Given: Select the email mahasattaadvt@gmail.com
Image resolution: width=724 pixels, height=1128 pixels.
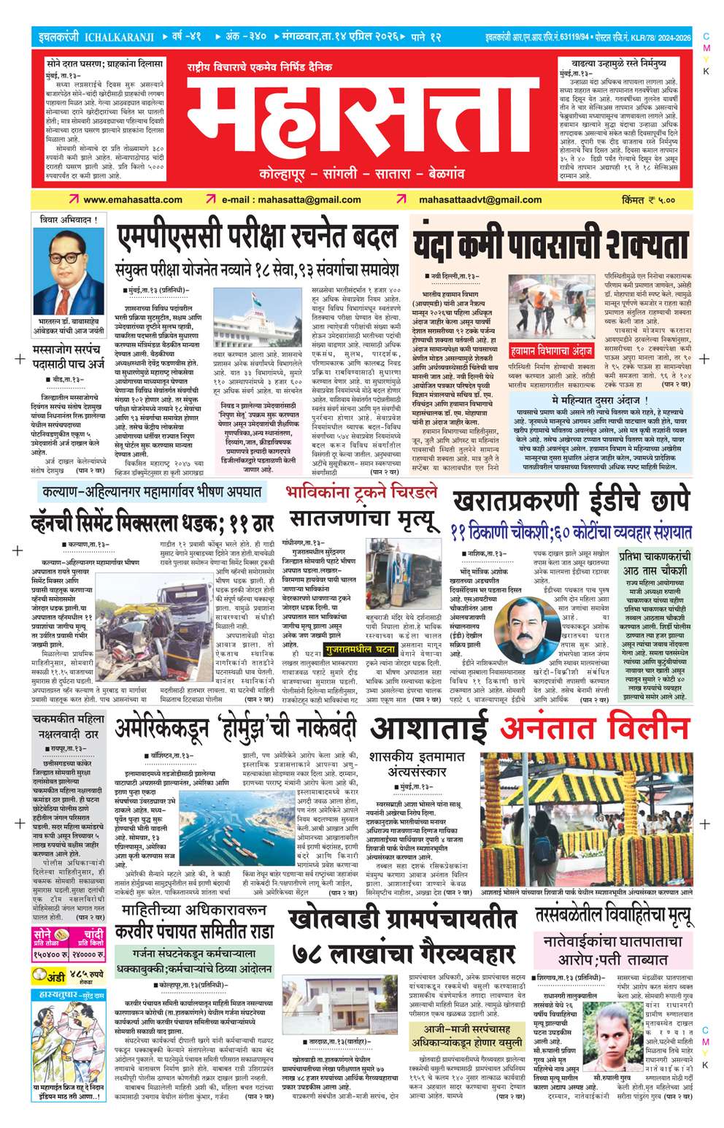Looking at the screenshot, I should point(480,199).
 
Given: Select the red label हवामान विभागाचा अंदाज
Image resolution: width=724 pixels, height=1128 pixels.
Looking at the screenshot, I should point(551,350).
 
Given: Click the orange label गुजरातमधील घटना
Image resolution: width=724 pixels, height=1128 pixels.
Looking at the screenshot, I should point(361,649).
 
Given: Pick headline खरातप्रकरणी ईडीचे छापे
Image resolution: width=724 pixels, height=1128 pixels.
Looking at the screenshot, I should point(571,502).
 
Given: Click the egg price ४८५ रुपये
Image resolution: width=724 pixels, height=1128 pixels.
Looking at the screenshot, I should point(87,975).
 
